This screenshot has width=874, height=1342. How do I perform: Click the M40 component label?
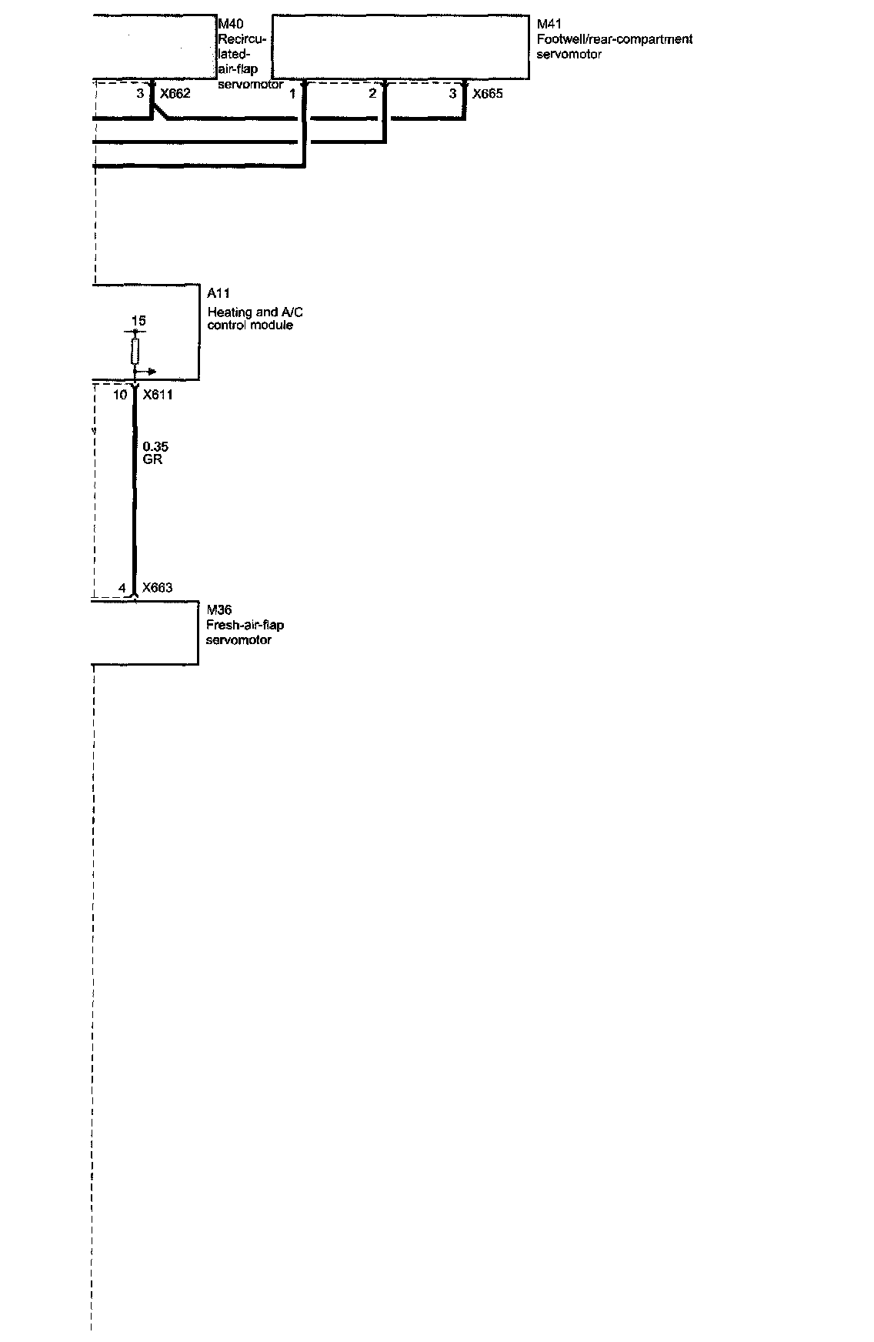point(231,25)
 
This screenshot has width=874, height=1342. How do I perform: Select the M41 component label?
point(549,25)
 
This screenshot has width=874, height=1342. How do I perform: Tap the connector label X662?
point(175,94)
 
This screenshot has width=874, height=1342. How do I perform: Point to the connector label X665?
point(488,94)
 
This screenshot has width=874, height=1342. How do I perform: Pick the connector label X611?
point(158,395)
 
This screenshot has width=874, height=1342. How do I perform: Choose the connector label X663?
point(157,588)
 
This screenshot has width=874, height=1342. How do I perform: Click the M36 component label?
point(219,611)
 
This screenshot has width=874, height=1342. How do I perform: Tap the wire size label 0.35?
point(155,446)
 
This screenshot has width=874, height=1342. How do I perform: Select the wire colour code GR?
point(152,459)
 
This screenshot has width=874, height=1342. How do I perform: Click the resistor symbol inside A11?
point(135,352)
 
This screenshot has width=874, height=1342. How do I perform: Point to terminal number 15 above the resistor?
point(138,321)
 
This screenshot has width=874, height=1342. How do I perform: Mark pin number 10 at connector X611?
point(120,395)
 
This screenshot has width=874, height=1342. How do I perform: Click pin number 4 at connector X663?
point(122,588)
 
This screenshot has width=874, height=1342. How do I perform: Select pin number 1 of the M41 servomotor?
point(292,94)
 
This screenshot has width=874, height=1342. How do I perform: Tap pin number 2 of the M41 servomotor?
point(372,94)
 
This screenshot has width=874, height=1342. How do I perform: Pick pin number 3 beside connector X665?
point(453,94)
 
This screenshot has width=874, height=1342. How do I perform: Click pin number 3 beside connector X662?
point(140,94)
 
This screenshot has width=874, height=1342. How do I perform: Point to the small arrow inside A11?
point(148,372)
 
